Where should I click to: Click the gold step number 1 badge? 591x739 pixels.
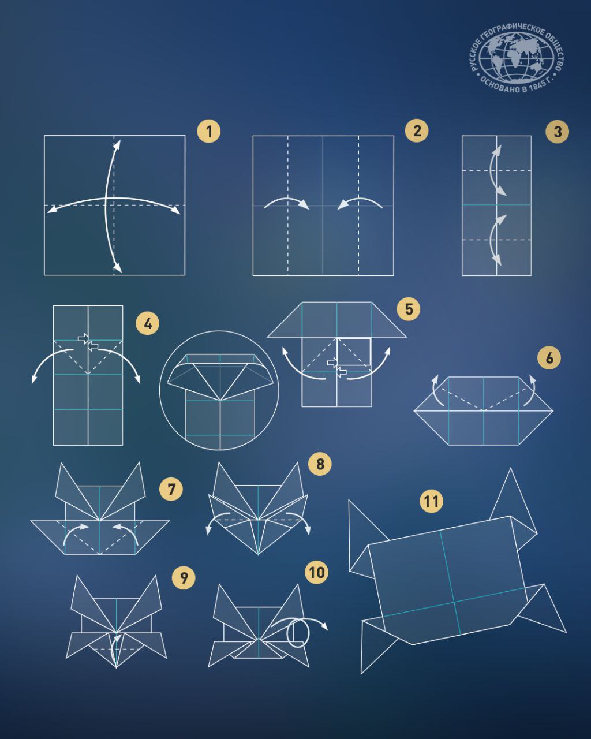pyautogui.click(x=209, y=131)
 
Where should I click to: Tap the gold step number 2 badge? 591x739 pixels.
pyautogui.click(x=417, y=130)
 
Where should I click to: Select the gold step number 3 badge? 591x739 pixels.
pyautogui.click(x=558, y=132)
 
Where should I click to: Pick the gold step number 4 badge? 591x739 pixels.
pyautogui.click(x=148, y=323)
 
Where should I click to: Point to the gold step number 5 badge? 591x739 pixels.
pyautogui.click(x=409, y=309)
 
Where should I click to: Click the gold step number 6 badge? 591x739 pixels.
pyautogui.click(x=549, y=358)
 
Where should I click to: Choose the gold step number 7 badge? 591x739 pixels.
pyautogui.click(x=171, y=489)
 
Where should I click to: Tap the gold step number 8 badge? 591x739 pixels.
pyautogui.click(x=320, y=464)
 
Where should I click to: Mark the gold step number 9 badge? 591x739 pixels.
pyautogui.click(x=184, y=577)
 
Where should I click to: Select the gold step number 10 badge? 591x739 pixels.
pyautogui.click(x=317, y=573)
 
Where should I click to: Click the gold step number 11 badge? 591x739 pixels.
pyautogui.click(x=432, y=501)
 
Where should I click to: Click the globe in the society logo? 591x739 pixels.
pyautogui.click(x=516, y=58)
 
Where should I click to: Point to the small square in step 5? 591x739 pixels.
pyautogui.click(x=354, y=351)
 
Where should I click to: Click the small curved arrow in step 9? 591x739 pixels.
pyautogui.click(x=114, y=647)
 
